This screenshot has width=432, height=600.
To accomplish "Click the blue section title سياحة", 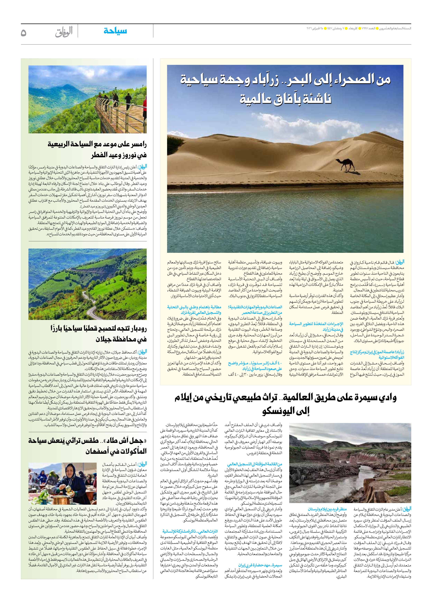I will coord(115,31).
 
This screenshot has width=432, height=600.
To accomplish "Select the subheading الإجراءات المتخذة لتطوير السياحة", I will coord(316,324).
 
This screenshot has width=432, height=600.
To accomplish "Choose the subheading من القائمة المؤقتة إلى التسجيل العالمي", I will coord(255,464).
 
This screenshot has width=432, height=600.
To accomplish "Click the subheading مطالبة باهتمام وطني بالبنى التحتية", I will coord(194,307).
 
